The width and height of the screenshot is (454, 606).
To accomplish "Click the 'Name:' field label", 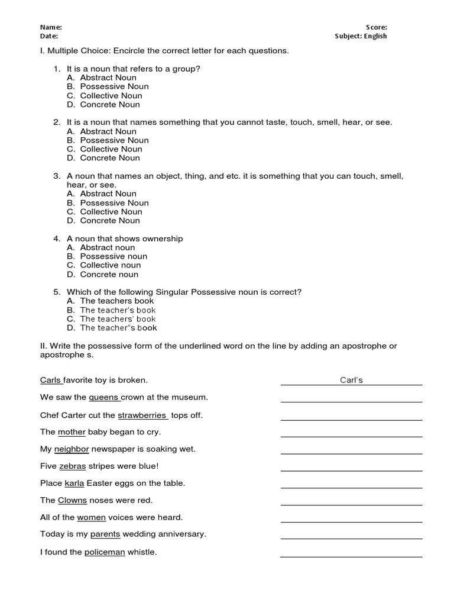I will (x=51, y=27).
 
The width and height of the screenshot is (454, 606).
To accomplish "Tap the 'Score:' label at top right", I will (x=377, y=27).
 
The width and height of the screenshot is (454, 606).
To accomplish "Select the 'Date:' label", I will (x=49, y=36).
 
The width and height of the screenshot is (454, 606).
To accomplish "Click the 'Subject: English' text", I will (x=361, y=36).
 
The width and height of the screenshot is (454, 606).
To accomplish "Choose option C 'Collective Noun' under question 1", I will (x=111, y=95).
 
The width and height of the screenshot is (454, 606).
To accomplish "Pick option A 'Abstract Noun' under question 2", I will (x=108, y=131).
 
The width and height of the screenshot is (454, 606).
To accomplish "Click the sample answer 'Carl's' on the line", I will (x=351, y=380).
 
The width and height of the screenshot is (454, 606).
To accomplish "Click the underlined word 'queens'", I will (x=105, y=397).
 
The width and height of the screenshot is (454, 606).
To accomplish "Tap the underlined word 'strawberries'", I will (x=142, y=415).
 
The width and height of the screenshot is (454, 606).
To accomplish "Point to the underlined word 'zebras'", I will (x=72, y=466).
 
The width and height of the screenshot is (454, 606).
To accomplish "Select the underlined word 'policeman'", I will (x=105, y=552).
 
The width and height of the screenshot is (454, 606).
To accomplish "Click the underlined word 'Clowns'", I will (x=72, y=500).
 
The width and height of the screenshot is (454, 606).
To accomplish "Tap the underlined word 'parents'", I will (x=105, y=534).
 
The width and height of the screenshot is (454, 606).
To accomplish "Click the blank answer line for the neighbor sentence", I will (x=351, y=453).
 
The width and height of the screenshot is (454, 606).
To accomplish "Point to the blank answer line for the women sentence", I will (x=351, y=521).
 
